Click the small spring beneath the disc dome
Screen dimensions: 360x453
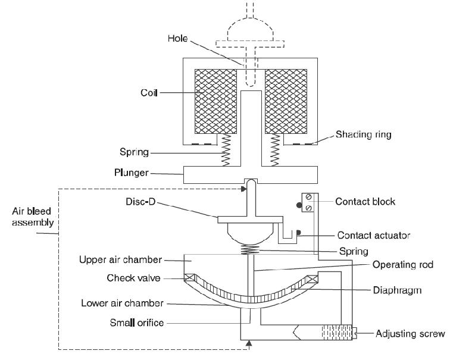(x=251, y=250)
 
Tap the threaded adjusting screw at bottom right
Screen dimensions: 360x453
(x=337, y=333)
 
